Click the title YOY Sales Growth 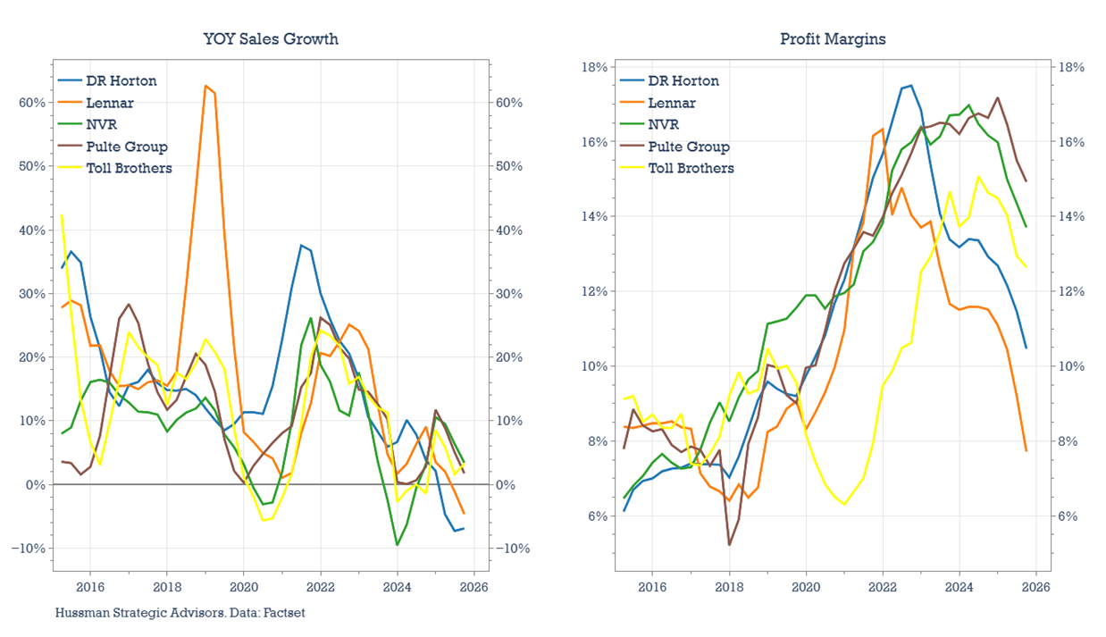(271, 38)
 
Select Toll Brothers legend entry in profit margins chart (691, 168)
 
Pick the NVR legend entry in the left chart (101, 124)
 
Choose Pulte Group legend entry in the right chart (689, 147)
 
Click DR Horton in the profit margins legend (683, 80)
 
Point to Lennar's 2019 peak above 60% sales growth (205, 86)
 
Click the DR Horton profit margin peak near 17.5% (910, 86)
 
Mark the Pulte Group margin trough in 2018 (729, 544)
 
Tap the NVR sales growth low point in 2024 (398, 544)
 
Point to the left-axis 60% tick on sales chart (31, 103)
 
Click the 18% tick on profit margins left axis (595, 67)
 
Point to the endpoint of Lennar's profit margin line (1026, 450)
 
